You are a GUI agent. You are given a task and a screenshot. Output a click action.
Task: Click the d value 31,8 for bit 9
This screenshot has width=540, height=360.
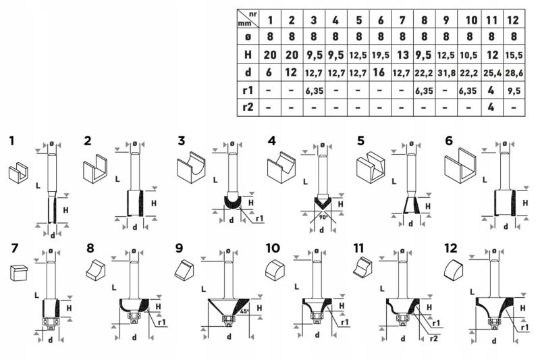pyautogui.click(x=446, y=73)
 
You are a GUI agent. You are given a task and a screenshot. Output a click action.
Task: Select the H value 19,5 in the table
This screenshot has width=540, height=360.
pyautogui.click(x=381, y=55)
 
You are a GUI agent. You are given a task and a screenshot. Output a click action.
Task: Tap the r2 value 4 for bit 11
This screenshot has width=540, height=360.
pyautogui.click(x=491, y=107)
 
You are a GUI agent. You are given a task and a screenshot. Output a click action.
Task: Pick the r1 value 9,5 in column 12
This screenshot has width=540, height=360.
pyautogui.click(x=514, y=91)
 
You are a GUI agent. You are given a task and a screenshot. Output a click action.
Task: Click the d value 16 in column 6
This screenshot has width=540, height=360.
pyautogui.click(x=380, y=72)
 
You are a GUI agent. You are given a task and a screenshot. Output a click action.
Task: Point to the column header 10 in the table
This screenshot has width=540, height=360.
pyautogui.click(x=470, y=20)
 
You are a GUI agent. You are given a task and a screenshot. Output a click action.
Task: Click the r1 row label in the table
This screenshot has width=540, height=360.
pyautogui.click(x=248, y=91)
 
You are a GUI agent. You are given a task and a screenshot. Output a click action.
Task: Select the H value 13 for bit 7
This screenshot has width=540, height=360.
pyautogui.click(x=402, y=55)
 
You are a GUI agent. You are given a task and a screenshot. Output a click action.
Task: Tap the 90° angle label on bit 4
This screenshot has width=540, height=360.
pyautogui.click(x=323, y=217)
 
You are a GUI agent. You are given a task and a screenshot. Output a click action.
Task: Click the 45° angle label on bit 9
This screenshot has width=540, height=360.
pyautogui.click(x=244, y=311)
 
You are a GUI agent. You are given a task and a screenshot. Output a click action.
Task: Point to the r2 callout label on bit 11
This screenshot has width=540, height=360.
pyautogui.click(x=434, y=338)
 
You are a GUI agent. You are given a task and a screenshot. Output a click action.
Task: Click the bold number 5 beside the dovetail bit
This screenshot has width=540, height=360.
pyautogui.click(x=360, y=141)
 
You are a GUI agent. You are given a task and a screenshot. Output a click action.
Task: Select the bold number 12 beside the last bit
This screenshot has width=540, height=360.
pyautogui.click(x=450, y=248)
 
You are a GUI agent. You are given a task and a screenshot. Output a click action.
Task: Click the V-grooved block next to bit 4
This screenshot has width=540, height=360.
pyautogui.click(x=281, y=167)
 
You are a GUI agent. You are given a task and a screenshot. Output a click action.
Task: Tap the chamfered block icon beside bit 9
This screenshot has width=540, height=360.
pyautogui.click(x=184, y=269)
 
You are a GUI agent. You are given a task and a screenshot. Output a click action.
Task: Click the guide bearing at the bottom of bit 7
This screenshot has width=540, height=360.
pyautogui.click(x=50, y=322)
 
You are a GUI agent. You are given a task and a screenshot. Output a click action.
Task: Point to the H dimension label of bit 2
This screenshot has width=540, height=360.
pyautogui.click(x=154, y=203)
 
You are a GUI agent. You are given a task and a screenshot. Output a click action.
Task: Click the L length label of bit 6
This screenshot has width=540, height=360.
pyautogui.click(x=485, y=180)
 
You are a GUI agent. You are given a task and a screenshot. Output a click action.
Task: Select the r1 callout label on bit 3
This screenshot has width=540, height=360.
pyautogui.click(x=260, y=218)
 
